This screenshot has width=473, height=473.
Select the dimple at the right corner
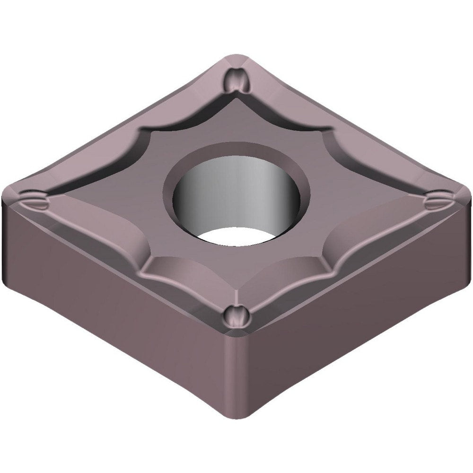tap(438, 201)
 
